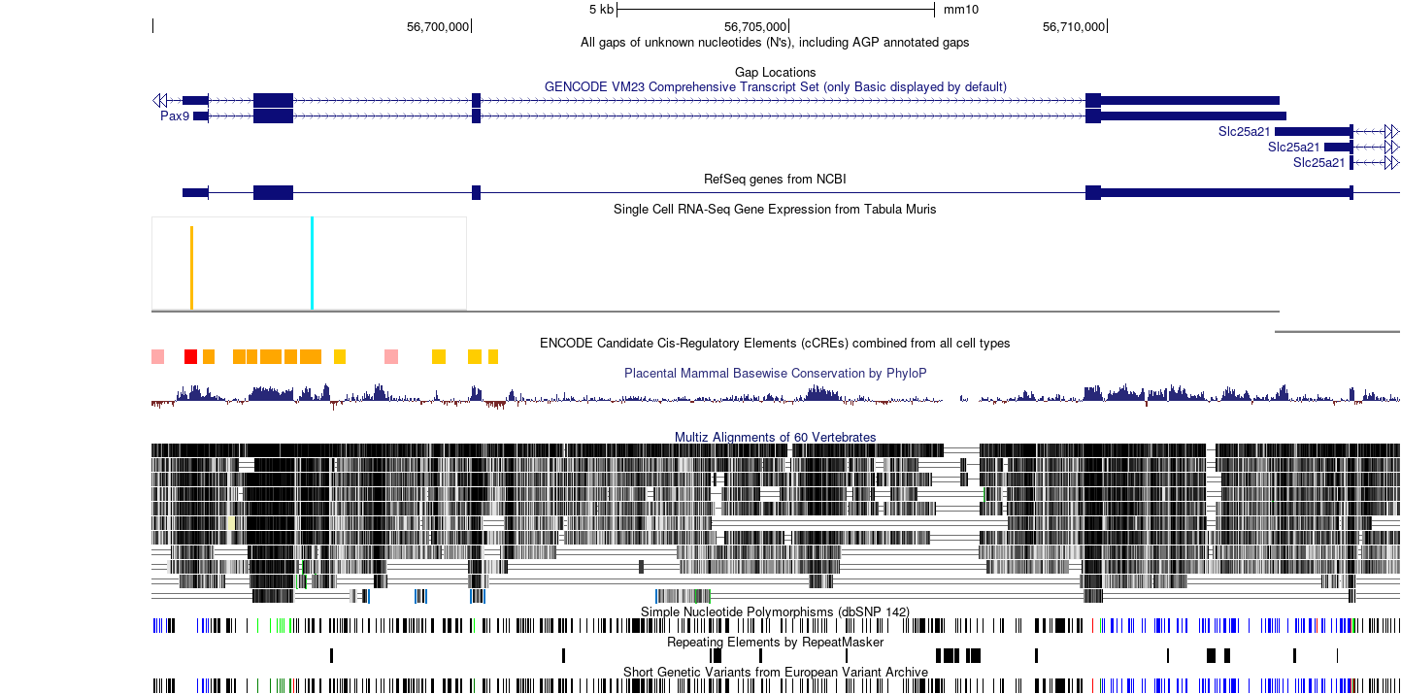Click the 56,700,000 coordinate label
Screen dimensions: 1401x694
[438, 27]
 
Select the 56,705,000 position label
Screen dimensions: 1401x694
[755, 27]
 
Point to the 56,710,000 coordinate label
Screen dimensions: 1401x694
[1074, 27]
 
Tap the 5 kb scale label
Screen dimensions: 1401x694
[601, 10]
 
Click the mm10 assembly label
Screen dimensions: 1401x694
[960, 10]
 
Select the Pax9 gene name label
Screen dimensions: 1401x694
[175, 116]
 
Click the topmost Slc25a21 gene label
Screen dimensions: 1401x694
[1244, 132]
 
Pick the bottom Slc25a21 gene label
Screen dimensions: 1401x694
[1319, 163]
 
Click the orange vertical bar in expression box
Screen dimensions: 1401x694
[191, 268]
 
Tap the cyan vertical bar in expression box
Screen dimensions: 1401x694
[312, 263]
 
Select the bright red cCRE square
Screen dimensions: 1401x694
[190, 357]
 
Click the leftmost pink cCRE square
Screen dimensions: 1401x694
[157, 357]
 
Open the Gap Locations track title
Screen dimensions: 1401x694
[775, 73]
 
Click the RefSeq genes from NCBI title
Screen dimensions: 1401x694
[775, 180]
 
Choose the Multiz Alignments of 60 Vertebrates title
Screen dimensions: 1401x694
[775, 438]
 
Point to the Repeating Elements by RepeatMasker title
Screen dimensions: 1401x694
[775, 643]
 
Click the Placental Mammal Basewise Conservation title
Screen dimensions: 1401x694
[775, 374]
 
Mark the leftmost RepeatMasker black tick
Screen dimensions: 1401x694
[331, 656]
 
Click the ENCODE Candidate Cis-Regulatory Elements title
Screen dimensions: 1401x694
[775, 344]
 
